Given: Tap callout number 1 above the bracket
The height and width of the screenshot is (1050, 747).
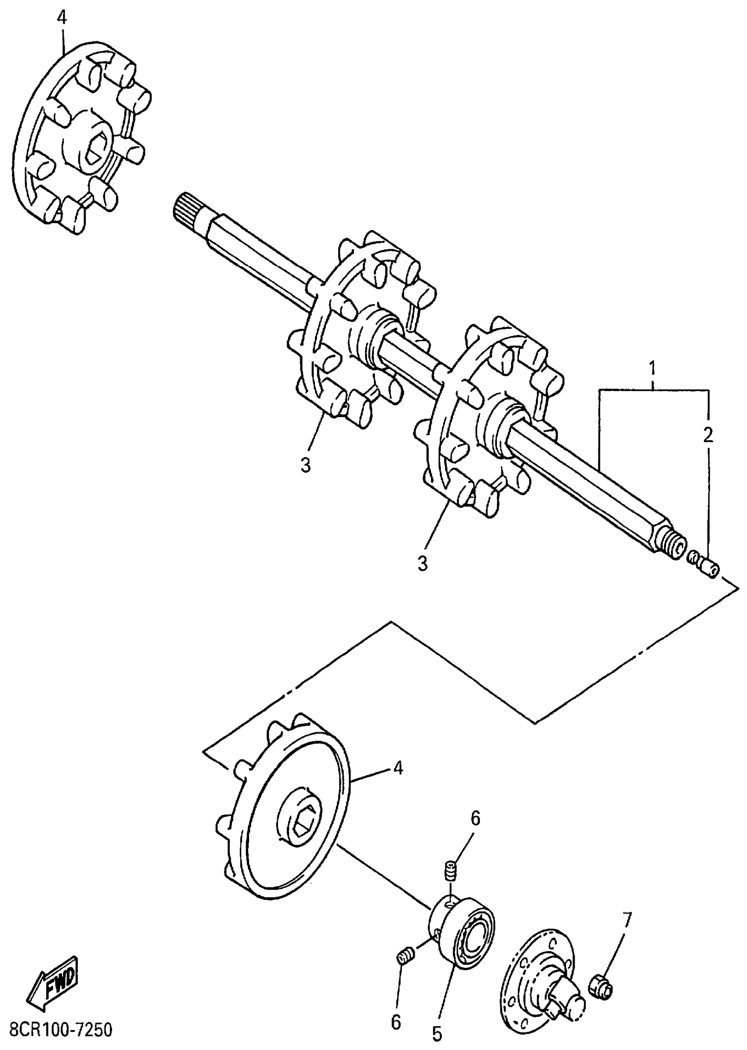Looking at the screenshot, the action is click(x=652, y=369).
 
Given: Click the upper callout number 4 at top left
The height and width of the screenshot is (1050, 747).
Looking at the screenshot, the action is click(x=62, y=18).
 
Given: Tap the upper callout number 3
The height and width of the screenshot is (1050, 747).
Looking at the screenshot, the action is click(x=306, y=465).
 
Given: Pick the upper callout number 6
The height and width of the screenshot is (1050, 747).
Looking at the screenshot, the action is click(x=475, y=818).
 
